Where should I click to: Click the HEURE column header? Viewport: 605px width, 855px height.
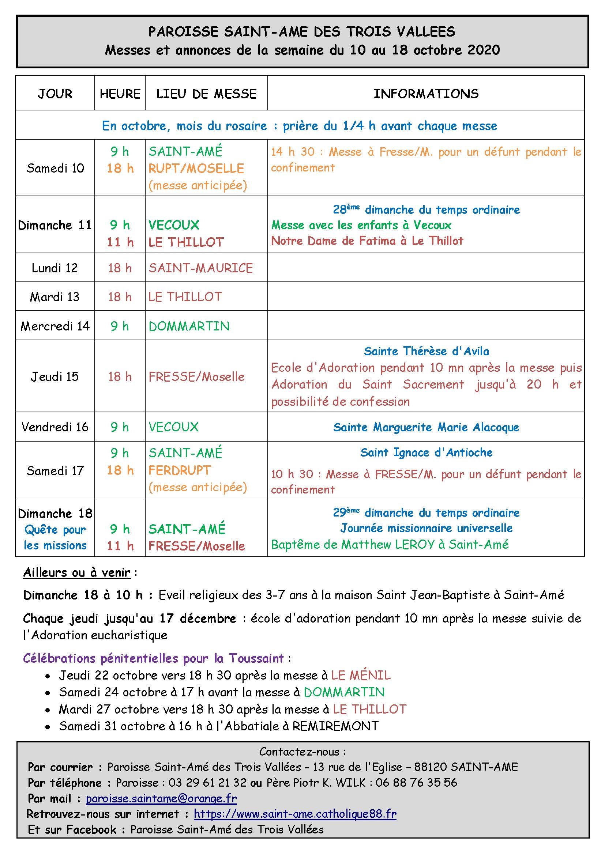(x=120, y=94)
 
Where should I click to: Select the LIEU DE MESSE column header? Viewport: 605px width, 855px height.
(x=206, y=94)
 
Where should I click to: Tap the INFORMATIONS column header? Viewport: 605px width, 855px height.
(x=426, y=94)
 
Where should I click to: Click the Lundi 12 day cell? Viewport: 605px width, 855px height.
(x=55, y=268)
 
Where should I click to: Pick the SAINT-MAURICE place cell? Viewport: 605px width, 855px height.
(x=201, y=268)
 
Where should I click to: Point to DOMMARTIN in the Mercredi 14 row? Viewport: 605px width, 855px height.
(x=189, y=326)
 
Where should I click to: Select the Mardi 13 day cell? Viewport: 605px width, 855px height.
(x=55, y=297)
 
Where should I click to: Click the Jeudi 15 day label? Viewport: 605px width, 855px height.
(x=55, y=377)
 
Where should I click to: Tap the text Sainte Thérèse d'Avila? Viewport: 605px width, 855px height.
(x=426, y=351)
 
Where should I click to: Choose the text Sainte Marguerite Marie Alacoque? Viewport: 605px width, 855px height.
(x=426, y=427)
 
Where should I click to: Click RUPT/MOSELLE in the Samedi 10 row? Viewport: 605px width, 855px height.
(x=196, y=168)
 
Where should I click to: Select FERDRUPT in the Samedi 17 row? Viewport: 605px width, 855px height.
(x=180, y=470)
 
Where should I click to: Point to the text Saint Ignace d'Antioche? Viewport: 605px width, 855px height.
(x=426, y=453)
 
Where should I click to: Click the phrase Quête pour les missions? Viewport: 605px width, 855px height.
(x=55, y=537)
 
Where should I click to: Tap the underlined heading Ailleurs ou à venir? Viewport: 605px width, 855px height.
(x=77, y=572)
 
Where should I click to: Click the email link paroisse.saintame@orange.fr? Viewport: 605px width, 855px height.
(x=161, y=798)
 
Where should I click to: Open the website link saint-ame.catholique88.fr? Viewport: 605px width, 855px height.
(x=295, y=814)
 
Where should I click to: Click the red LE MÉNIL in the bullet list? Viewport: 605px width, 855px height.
(x=361, y=675)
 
